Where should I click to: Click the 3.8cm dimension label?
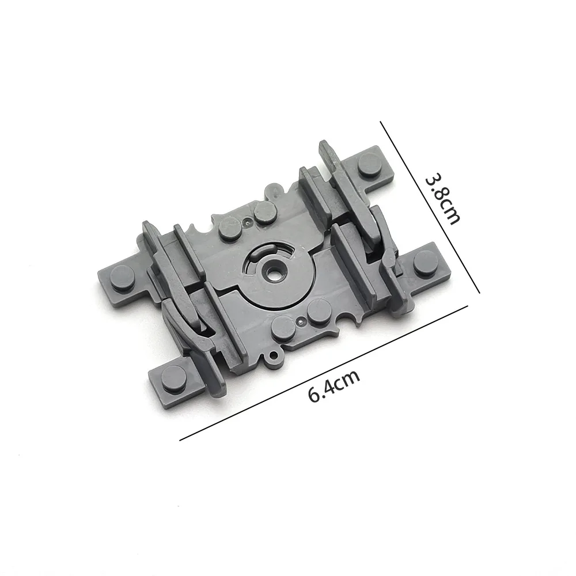tap(442, 200)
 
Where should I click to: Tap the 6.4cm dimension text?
tap(333, 386)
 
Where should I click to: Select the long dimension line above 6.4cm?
tap(324, 373)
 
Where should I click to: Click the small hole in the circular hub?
tap(272, 274)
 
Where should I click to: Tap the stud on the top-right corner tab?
tap(370, 162)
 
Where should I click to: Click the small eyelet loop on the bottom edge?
tap(273, 355)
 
